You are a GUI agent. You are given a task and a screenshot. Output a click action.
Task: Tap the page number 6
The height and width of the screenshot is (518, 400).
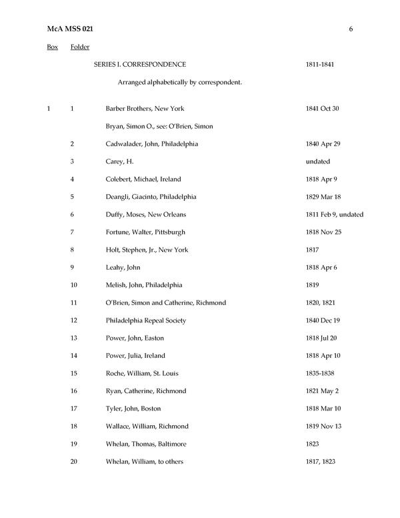pos(350,29)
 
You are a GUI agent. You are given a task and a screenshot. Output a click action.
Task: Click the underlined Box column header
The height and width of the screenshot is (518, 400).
pos(52,47)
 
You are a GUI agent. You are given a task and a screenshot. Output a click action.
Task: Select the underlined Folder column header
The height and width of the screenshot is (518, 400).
pos(79,47)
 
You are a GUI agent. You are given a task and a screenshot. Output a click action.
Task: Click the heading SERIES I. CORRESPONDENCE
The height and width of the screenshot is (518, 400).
pos(140,64)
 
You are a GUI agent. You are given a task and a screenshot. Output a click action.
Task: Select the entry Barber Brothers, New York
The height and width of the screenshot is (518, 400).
pos(145,108)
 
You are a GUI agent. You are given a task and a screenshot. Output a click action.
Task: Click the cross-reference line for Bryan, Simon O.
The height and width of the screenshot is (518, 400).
pos(159,126)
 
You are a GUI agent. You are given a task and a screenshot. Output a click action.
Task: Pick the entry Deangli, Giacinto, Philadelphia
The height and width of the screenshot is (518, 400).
pos(151,197)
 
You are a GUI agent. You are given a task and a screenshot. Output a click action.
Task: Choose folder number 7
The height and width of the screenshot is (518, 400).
pos(72,232)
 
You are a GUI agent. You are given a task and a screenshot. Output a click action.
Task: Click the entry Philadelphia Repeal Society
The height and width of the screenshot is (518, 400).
pos(145,320)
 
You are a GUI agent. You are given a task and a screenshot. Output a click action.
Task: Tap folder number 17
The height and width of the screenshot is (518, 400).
pos(73,409)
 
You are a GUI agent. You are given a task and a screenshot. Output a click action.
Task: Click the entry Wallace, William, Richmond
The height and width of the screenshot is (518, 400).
pos(147,426)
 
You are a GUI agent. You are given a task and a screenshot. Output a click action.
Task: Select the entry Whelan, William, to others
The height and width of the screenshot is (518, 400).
pos(144,461)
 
